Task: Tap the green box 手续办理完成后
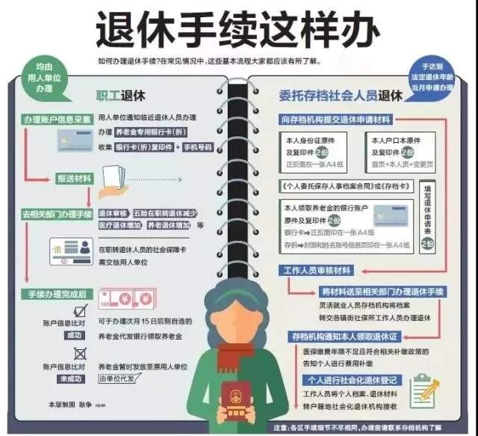click(x=56, y=293)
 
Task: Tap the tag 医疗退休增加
click(x=119, y=224)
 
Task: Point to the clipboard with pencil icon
click(x=426, y=390)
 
